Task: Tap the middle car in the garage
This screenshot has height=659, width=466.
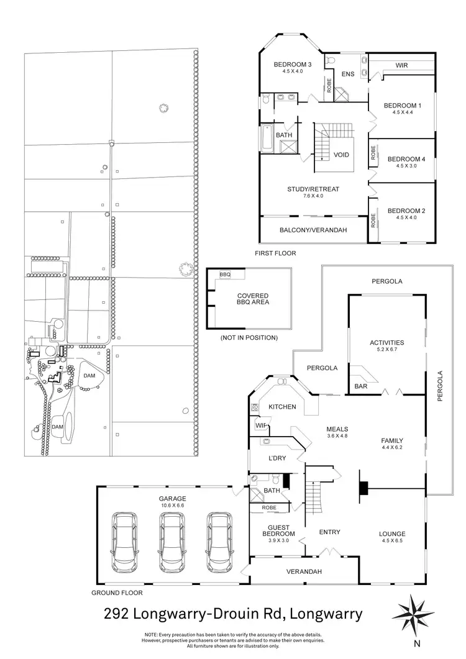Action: [173, 542]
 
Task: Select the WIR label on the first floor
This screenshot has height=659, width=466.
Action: [402, 65]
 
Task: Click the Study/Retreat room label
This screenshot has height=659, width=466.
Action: [313, 189]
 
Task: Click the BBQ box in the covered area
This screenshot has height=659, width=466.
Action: [225, 274]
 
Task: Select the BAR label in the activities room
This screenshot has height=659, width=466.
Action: [360, 386]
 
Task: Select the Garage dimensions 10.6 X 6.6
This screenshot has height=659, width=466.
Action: [172, 506]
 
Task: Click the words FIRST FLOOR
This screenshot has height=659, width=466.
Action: [275, 253]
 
